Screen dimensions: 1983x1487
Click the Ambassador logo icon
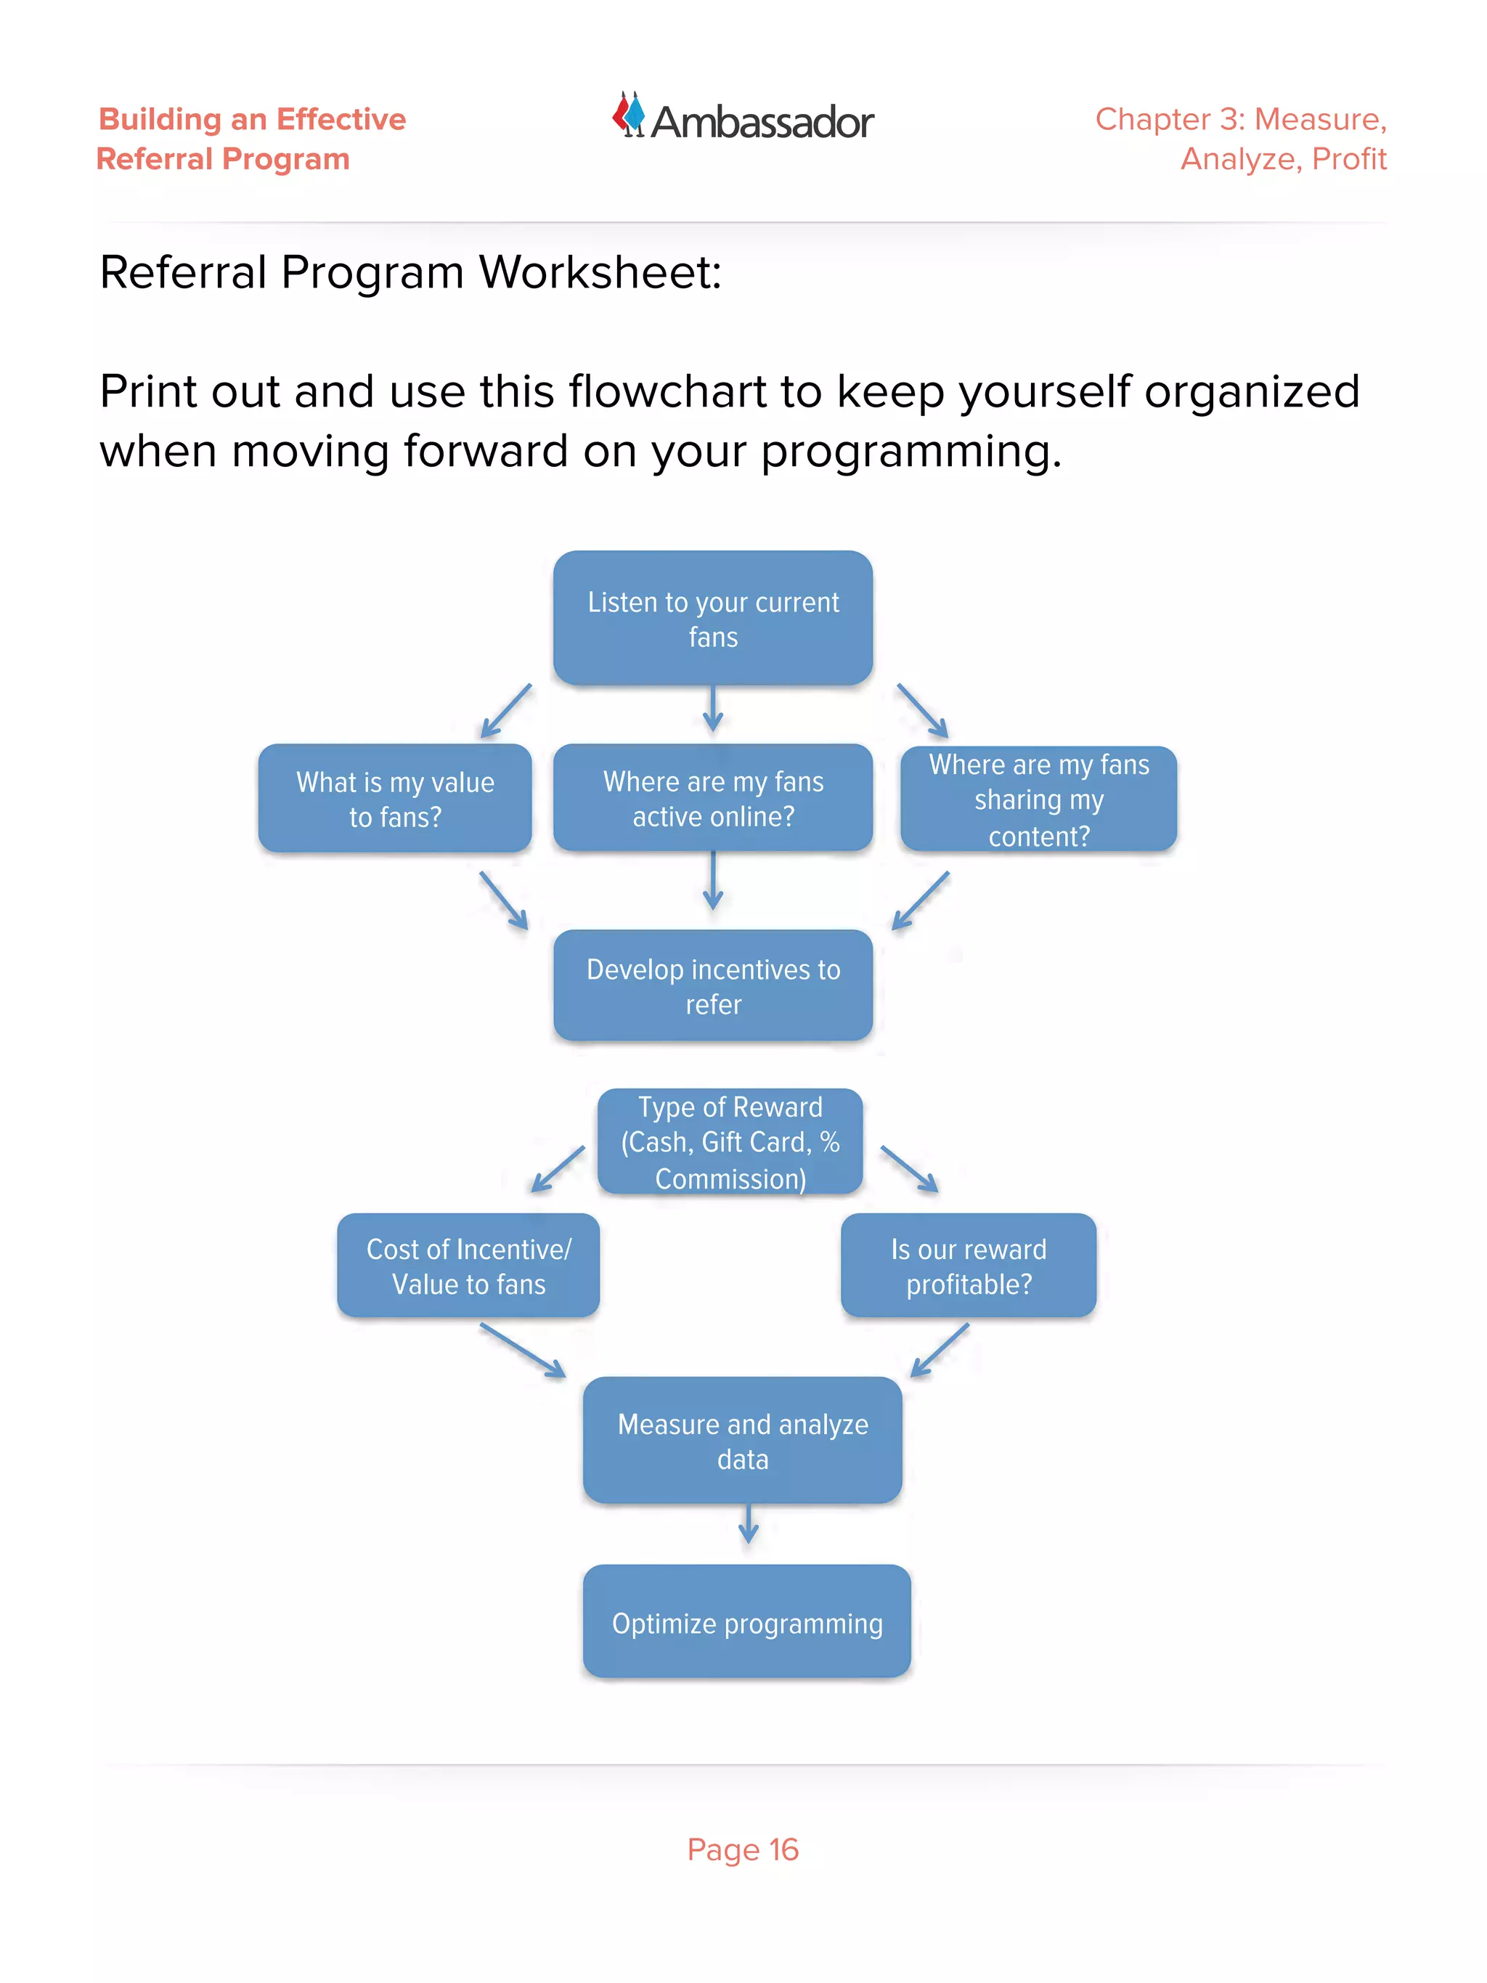tap(630, 115)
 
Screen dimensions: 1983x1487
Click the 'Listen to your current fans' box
tap(712, 619)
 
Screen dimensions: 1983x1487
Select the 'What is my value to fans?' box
tap(394, 798)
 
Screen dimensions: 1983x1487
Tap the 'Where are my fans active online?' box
tap(712, 798)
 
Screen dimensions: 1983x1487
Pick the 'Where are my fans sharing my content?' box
tap(1038, 799)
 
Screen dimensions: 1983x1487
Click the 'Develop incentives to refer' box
tap(712, 985)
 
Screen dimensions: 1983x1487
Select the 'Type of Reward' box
tap(730, 1141)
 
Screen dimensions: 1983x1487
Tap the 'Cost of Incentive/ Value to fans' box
tap(468, 1265)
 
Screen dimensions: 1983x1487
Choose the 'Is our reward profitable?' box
tap(968, 1265)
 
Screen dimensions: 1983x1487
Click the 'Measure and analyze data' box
tap(742, 1440)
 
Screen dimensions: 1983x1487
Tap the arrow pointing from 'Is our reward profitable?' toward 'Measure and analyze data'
tap(940, 1350)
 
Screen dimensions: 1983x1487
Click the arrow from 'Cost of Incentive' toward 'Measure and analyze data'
tap(523, 1350)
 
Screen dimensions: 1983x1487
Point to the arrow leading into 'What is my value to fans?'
tap(505, 712)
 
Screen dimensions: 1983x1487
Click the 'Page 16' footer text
tap(742, 1849)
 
